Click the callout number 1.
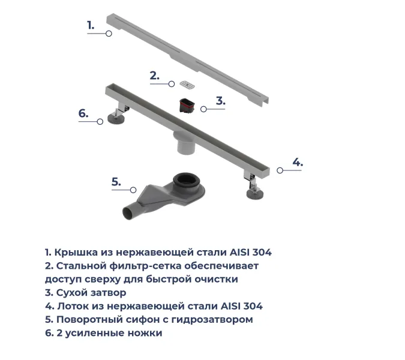pyautogui.click(x=91, y=25)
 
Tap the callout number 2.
pyautogui.click(x=155, y=76)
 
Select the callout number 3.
pyautogui.click(x=220, y=101)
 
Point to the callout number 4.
pyautogui.click(x=298, y=162)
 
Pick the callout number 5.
pyautogui.click(x=116, y=182)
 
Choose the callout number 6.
pyautogui.click(x=83, y=113)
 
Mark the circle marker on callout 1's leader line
pyautogui.click(x=109, y=34)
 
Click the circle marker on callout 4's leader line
pyautogui.click(x=280, y=170)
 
